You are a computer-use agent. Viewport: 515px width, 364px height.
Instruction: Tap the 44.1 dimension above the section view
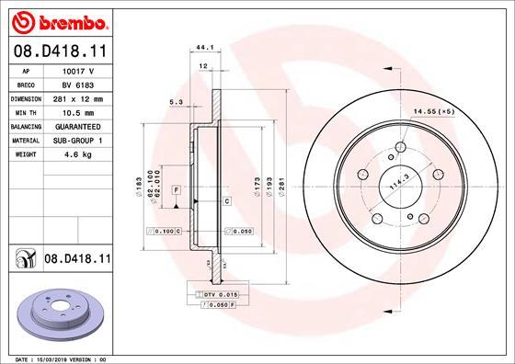pyautogui.click(x=204, y=48)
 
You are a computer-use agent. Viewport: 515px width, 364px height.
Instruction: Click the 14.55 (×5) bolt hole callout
pyautogui.click(x=435, y=110)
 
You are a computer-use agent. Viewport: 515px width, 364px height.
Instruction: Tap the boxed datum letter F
pyautogui.click(x=175, y=188)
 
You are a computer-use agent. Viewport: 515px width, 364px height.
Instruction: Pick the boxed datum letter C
pyautogui.click(x=226, y=199)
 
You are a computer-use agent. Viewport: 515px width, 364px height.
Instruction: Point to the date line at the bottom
pyautogui.click(x=57, y=358)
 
